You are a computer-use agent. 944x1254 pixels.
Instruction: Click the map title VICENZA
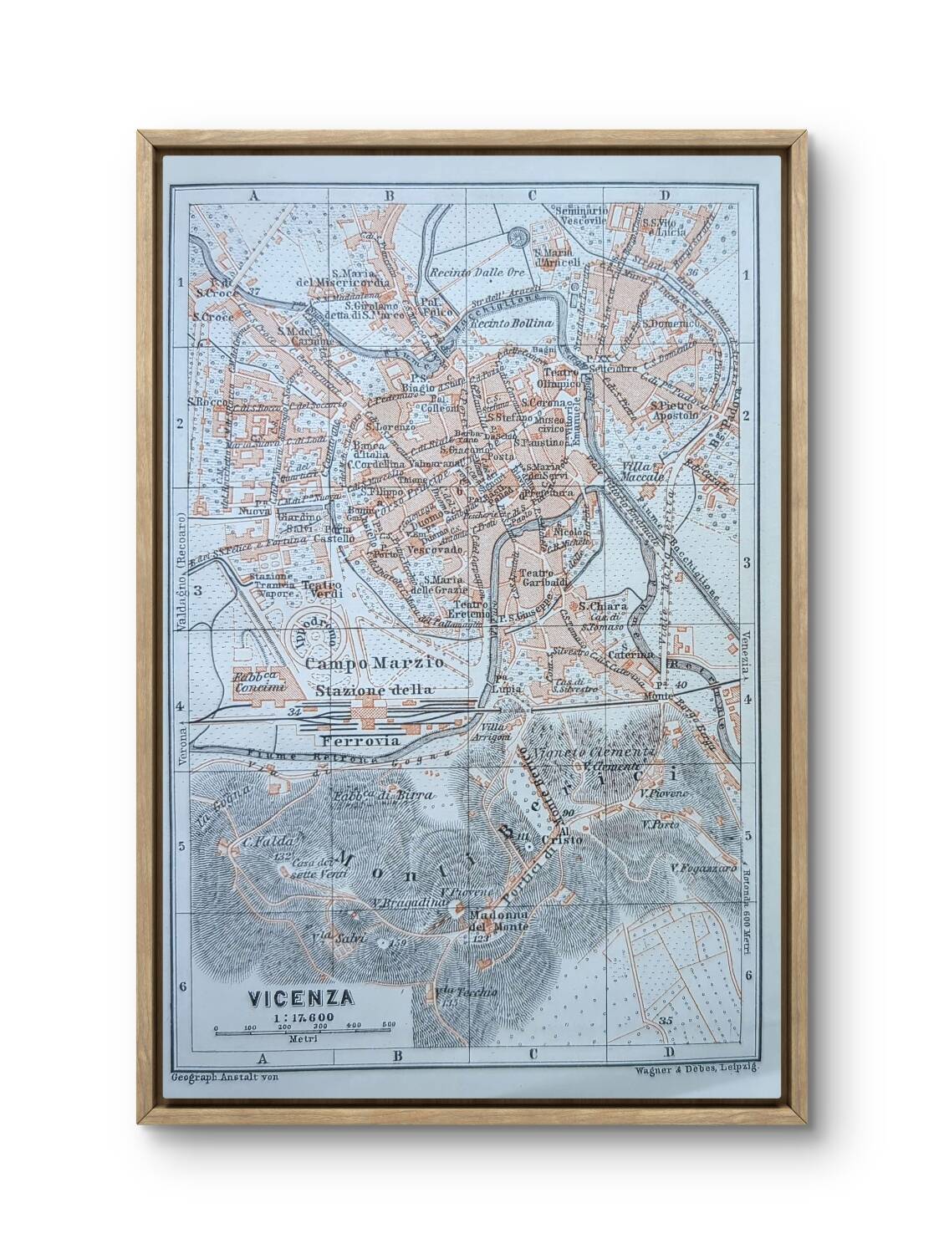pos(300,997)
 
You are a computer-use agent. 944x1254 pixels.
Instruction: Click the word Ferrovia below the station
pos(359,741)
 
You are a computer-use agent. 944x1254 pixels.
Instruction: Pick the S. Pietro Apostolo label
pos(674,409)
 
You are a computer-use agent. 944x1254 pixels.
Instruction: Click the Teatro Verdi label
pos(321,587)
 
